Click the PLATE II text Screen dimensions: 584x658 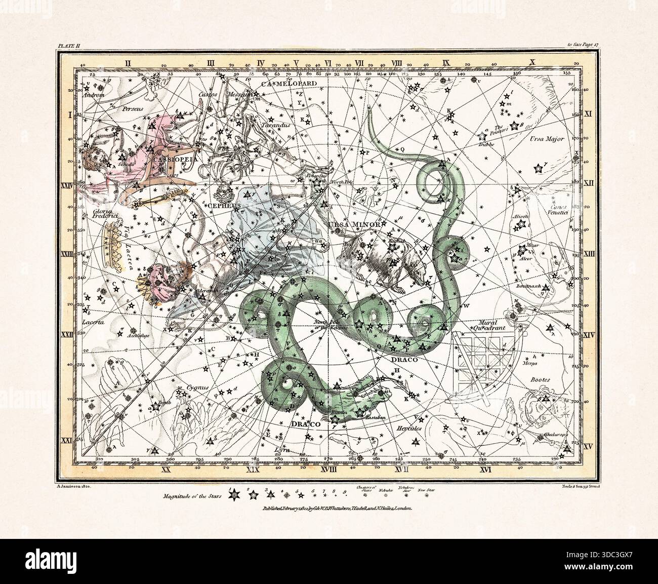[66, 46]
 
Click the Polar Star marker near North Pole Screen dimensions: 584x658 [318, 184]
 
